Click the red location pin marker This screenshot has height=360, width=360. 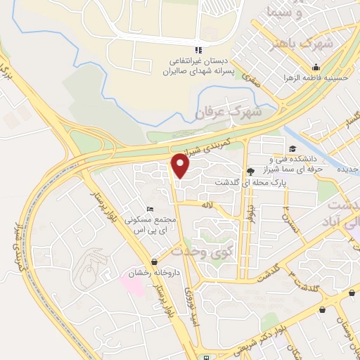tap(181, 166)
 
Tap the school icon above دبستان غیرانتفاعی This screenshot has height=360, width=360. tap(199, 49)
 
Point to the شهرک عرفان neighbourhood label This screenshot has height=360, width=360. tap(228, 112)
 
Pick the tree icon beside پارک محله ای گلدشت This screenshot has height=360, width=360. tap(250, 171)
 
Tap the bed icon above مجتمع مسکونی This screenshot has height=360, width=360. tap(148, 209)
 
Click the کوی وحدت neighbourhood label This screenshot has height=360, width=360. tap(201, 252)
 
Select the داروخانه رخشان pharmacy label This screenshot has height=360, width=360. tap(145, 273)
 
